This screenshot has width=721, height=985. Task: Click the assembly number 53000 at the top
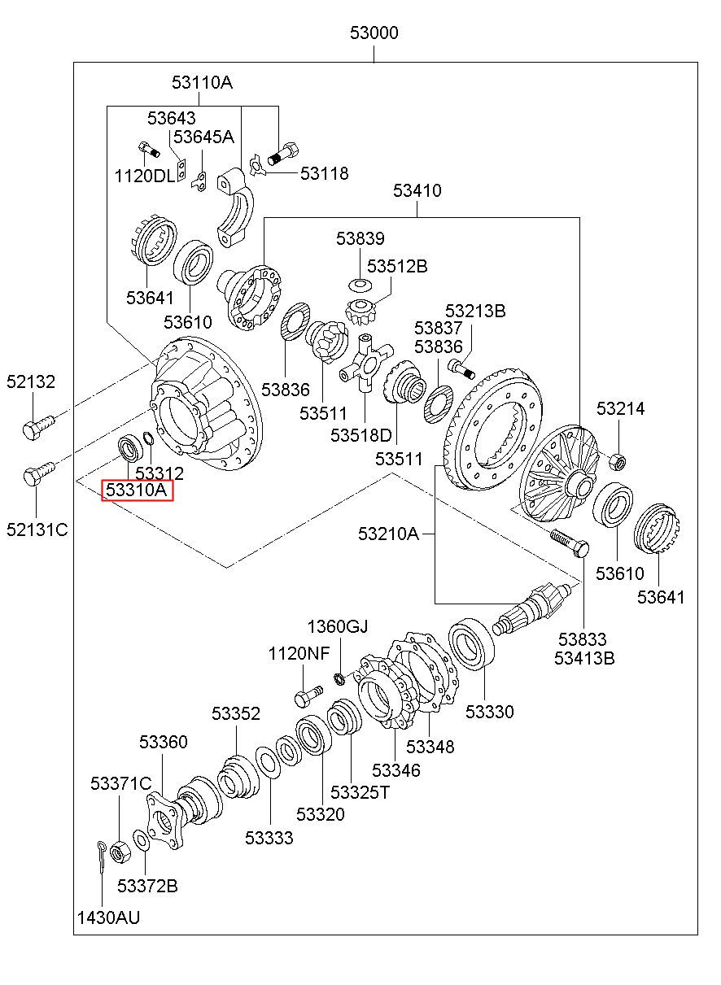point(374,33)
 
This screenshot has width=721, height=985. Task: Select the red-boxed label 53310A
point(138,490)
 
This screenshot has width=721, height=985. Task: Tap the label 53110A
point(202,82)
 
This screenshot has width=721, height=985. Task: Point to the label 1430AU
point(109,917)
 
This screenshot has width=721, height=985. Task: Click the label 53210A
point(388,534)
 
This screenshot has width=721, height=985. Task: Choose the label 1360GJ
point(338,626)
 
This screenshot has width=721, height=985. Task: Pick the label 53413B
point(584,658)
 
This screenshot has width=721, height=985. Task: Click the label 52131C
point(37,530)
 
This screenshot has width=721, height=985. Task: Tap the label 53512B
point(397,266)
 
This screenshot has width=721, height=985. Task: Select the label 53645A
point(203,137)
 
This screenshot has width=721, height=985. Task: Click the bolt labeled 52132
point(38,425)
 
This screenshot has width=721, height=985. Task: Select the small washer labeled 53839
point(360,285)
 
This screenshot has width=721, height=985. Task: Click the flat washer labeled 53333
point(268,762)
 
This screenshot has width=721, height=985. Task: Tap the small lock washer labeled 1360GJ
point(339,678)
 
